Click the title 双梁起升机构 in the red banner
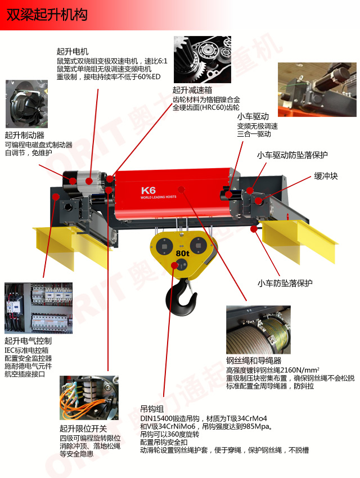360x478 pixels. click(x=47, y=15)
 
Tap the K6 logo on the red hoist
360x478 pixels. click(x=148, y=191)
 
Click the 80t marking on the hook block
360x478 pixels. click(x=182, y=253)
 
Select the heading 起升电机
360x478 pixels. click(x=72, y=52)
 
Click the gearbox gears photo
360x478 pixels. click(x=202, y=60)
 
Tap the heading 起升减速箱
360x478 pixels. click(x=192, y=90)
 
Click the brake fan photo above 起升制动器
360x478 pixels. click(x=27, y=104)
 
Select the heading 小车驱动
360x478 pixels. click(x=253, y=116)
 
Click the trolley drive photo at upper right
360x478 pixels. click(x=317, y=89)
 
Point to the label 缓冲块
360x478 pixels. click(x=326, y=176)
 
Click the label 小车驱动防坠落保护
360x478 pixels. click(x=292, y=155)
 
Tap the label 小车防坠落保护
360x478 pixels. click(x=285, y=283)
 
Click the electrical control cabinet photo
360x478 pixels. click(x=38, y=308)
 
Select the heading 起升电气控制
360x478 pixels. click(x=28, y=341)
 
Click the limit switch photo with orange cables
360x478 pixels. click(x=89, y=398)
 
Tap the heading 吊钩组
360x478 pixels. click(x=152, y=409)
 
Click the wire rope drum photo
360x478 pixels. click(x=258, y=330)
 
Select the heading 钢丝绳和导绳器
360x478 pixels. click(x=254, y=360)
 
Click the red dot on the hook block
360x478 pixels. click(x=175, y=265)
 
